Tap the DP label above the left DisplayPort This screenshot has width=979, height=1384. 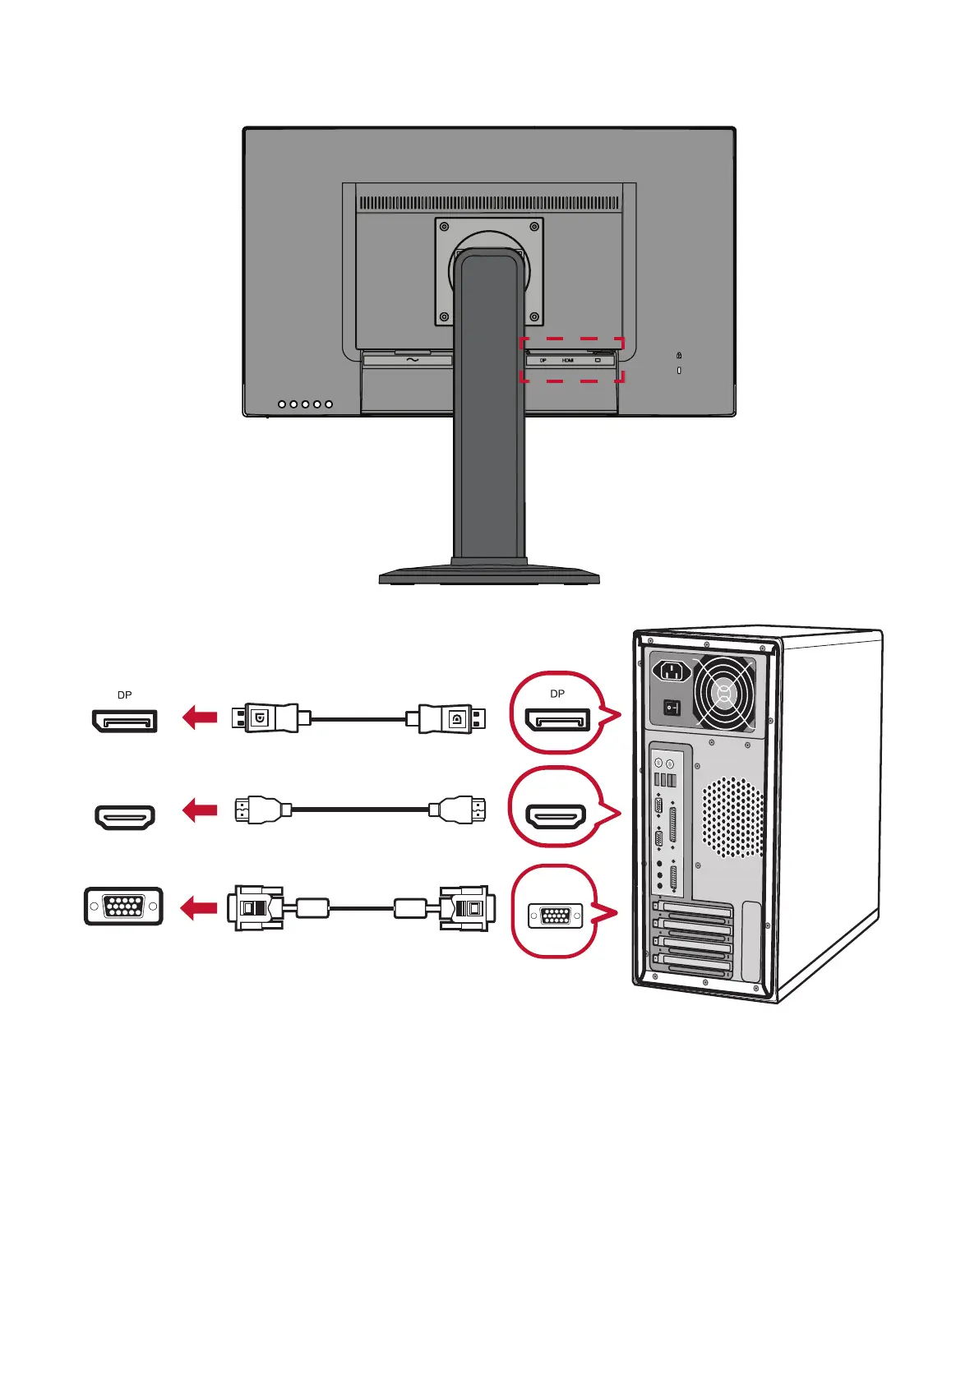point(124,695)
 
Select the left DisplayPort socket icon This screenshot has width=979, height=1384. point(124,722)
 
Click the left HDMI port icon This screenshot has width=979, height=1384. point(125,817)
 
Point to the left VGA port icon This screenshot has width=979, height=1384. point(123,907)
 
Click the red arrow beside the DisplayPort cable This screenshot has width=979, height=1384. point(200,717)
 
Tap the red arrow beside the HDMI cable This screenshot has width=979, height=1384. point(200,810)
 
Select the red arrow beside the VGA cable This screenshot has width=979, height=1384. point(199,908)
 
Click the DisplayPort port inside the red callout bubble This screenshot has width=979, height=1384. point(557,721)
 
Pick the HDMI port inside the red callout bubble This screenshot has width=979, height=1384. point(556,815)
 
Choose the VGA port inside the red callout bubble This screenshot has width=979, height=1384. point(556,915)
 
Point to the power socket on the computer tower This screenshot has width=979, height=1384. point(672,671)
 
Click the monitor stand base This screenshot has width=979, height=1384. point(489,575)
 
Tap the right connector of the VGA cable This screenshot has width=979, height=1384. point(466,908)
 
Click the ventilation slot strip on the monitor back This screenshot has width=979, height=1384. point(489,203)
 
